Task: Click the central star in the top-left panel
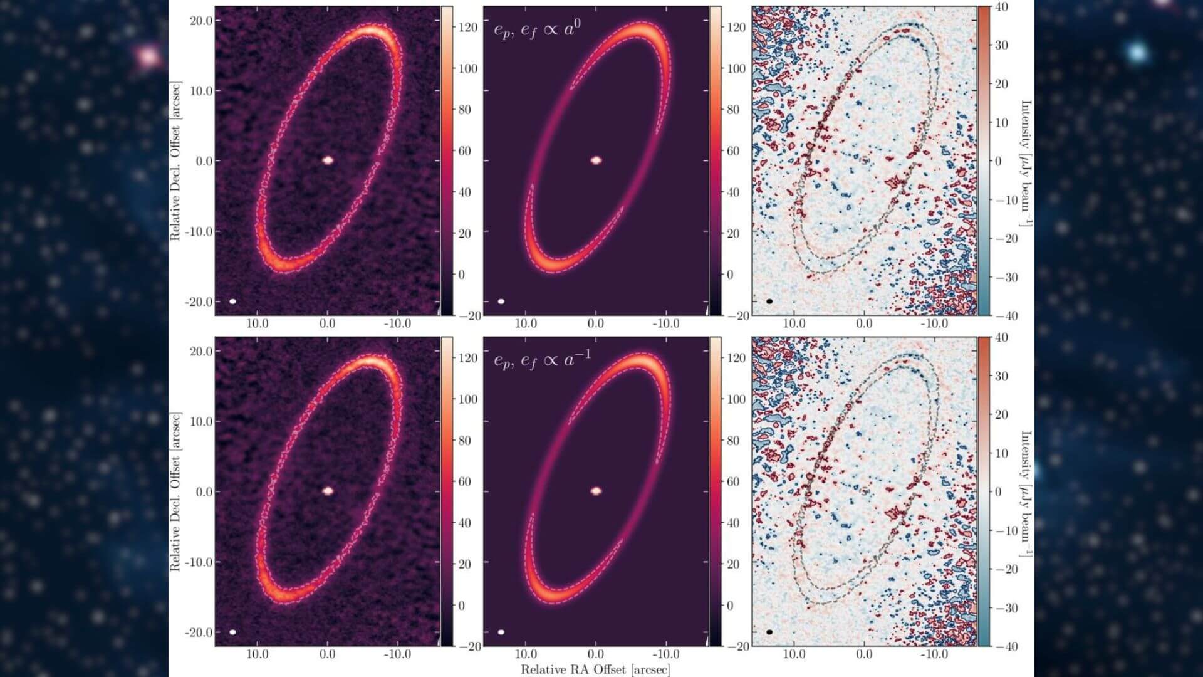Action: [328, 160]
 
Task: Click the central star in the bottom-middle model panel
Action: [596, 491]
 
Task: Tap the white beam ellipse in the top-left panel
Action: [233, 302]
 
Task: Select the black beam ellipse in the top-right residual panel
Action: [769, 302]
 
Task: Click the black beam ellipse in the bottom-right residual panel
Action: [769, 632]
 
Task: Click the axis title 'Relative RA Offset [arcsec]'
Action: [595, 669]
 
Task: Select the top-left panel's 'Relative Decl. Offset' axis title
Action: [175, 160]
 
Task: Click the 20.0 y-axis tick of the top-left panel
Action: [201, 21]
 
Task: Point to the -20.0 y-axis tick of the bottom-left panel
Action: [199, 632]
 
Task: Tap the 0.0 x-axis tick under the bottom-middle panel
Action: [596, 654]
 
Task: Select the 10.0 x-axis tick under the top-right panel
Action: [794, 323]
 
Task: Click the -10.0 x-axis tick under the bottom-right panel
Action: [934, 654]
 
